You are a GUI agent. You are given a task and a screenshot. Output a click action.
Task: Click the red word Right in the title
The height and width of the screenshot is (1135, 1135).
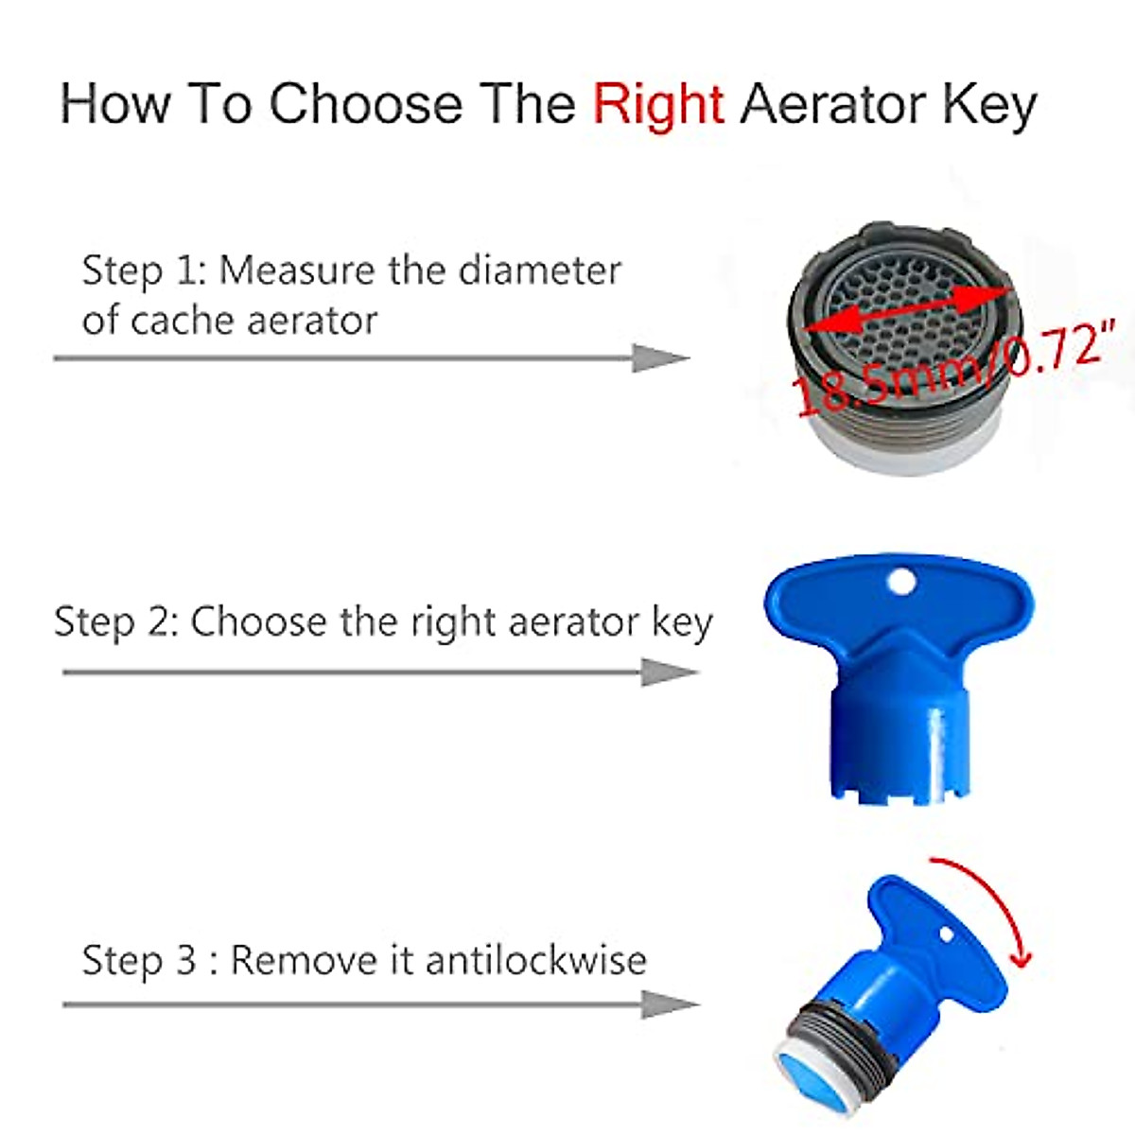tap(658, 104)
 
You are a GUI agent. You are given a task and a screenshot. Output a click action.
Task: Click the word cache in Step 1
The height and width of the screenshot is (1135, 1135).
tap(175, 320)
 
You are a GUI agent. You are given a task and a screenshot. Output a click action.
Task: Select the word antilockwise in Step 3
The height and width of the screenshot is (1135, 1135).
tap(536, 961)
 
